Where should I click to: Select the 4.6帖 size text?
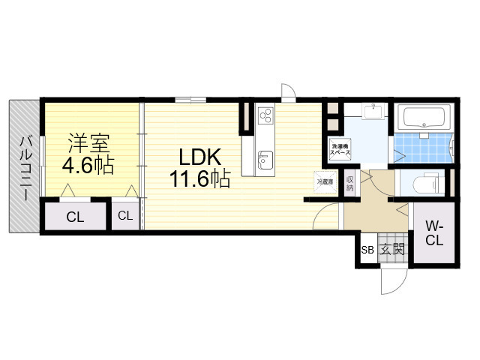(x=88, y=165)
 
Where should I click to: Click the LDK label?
(x=198, y=157)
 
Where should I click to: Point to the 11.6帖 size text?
(x=198, y=180)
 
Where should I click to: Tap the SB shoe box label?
(x=367, y=250)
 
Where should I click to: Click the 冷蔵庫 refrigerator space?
(x=324, y=182)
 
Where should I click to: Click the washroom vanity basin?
(x=373, y=112)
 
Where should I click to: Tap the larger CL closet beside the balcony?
(x=75, y=217)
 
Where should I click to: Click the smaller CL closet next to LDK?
(x=125, y=216)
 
